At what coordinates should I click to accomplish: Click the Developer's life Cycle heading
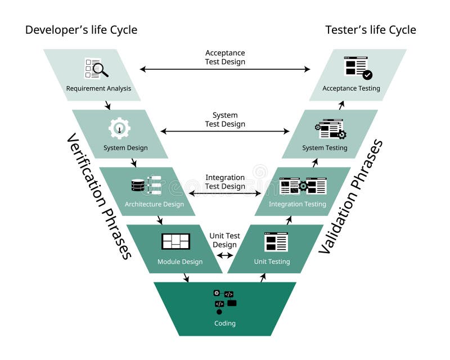tap(81, 30)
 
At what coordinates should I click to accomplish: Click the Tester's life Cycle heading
tap(371, 30)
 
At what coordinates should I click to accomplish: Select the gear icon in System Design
tap(119, 128)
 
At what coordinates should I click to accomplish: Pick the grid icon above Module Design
tap(175, 241)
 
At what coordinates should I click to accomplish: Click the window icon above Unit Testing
tap(276, 241)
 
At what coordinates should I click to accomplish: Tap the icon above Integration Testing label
tap(303, 186)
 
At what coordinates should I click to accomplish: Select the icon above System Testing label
tap(331, 129)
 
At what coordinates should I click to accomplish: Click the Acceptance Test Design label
tap(225, 57)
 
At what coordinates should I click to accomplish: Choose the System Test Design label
tap(225, 120)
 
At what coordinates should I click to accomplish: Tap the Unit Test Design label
tap(225, 240)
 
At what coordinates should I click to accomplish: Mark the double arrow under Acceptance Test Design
tap(225, 69)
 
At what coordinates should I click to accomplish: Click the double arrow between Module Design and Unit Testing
tap(225, 255)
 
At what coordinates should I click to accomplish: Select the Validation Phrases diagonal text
tap(350, 196)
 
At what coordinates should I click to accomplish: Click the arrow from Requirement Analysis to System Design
tap(107, 105)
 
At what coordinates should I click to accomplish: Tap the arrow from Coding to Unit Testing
tap(262, 277)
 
